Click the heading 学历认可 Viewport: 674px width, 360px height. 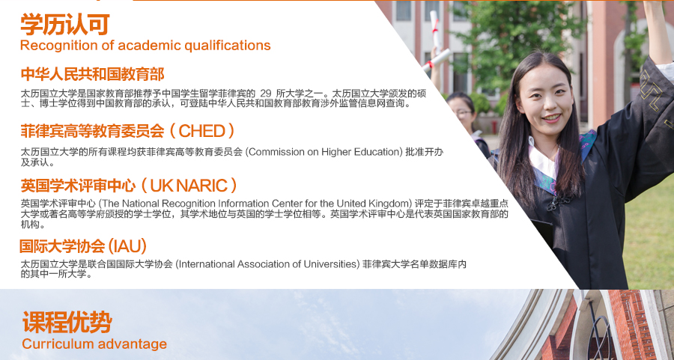(65, 25)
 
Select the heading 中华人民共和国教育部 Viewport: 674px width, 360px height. (92, 74)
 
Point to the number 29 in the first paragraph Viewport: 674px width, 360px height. (266, 94)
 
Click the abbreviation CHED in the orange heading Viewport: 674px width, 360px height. (201, 131)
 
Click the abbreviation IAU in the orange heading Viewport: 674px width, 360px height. (127, 246)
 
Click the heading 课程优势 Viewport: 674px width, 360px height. (67, 322)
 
